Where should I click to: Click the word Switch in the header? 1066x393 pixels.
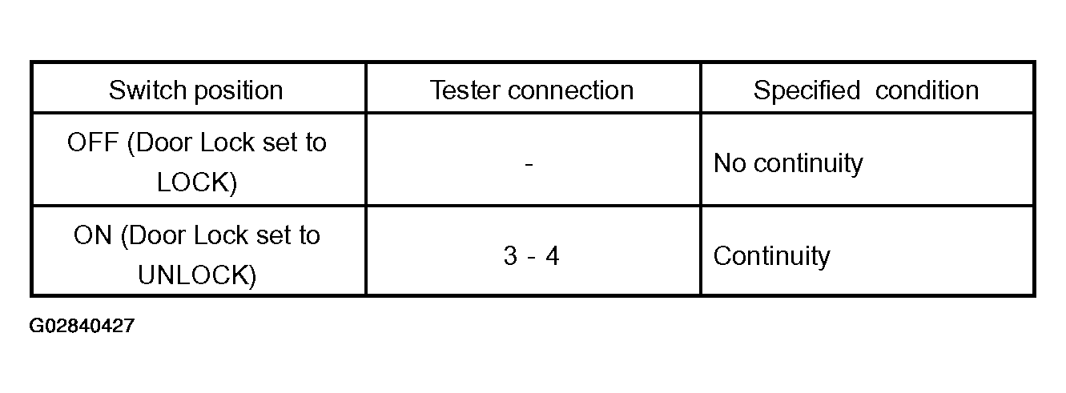148,90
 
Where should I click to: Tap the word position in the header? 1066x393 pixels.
239,91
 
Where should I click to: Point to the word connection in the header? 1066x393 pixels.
570,90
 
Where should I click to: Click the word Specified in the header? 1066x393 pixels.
807,90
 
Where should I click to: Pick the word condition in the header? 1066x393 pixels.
927,90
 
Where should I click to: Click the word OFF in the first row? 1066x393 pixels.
93,142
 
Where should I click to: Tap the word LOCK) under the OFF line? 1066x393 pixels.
196,182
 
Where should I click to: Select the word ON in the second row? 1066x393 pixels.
93,235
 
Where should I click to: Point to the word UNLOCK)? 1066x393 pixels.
196,275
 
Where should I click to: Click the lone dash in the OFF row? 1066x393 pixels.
529,165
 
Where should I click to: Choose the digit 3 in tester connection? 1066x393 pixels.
510,255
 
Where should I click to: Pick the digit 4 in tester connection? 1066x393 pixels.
552,255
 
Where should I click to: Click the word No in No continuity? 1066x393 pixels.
730,163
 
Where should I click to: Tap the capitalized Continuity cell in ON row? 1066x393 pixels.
771,257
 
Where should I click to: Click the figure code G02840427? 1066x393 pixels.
82,326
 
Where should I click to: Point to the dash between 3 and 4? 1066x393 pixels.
532,258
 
